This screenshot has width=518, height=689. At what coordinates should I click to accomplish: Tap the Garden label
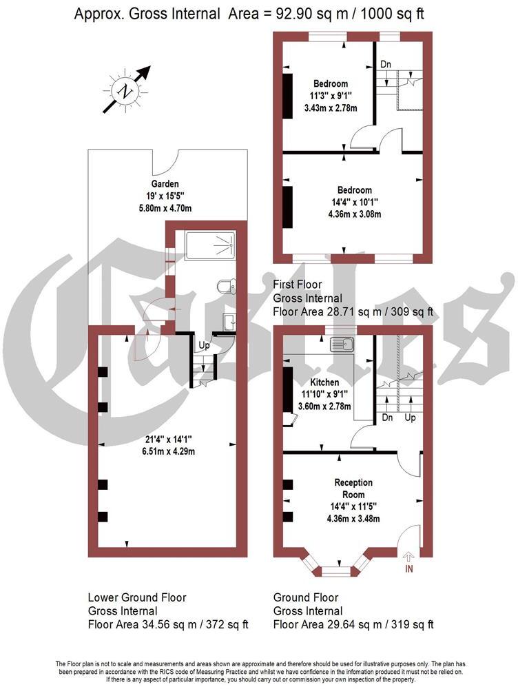click(165, 184)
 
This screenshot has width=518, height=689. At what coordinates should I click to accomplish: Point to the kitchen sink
click(342, 345)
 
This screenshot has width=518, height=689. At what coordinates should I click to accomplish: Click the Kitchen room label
click(323, 382)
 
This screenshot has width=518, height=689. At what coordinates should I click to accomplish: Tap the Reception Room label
click(353, 489)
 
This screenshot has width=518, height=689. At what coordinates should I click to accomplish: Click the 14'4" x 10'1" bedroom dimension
click(354, 203)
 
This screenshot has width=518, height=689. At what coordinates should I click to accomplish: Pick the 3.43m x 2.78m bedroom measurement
click(331, 108)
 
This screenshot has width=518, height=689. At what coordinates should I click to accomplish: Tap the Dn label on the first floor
click(386, 64)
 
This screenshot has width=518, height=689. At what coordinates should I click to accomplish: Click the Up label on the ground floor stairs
click(410, 418)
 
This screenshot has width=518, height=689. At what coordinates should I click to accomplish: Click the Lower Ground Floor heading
click(137, 597)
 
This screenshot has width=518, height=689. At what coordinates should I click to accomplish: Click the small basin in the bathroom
click(229, 322)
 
